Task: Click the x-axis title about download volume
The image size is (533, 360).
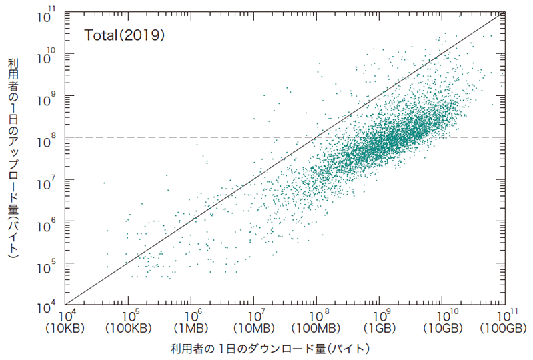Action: (269, 348)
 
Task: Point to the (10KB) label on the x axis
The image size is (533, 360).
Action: (66, 329)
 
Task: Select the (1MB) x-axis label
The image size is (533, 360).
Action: (192, 329)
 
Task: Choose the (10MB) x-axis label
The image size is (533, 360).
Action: (255, 329)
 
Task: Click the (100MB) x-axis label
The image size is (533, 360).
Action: (317, 329)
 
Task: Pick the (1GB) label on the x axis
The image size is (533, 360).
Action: (380, 329)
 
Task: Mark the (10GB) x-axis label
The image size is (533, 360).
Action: (442, 329)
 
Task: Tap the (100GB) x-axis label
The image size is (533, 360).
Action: (504, 329)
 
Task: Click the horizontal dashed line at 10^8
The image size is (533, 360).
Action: (200, 137)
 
